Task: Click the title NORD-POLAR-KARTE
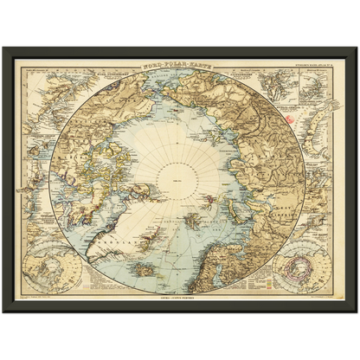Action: pos(180,65)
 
